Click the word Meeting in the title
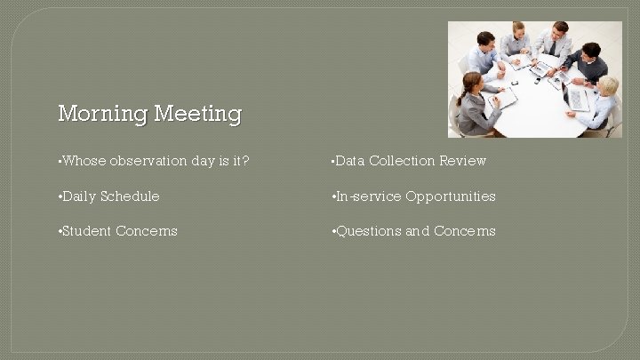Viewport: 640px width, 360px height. (197, 115)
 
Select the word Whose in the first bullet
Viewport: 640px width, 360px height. (84, 161)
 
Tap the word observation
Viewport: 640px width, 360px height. (148, 161)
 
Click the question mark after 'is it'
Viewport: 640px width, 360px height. (246, 161)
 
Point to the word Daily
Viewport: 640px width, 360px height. (79, 196)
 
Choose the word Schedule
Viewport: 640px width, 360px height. (130, 196)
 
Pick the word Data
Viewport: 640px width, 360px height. (350, 161)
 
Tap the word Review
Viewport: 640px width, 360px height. (463, 161)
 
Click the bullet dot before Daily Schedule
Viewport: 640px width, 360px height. (59, 196)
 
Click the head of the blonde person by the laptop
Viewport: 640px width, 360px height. (608, 85)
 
